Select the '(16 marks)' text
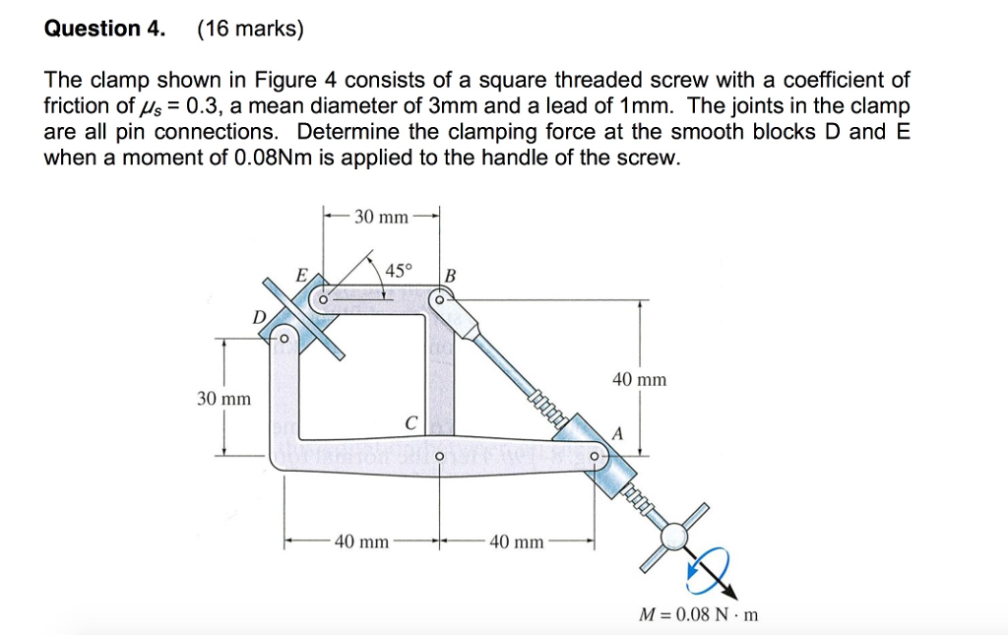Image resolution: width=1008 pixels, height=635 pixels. click(251, 29)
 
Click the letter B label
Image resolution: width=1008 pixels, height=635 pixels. click(451, 275)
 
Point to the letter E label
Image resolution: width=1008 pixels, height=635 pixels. click(302, 275)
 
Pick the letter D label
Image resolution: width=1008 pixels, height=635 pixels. click(259, 317)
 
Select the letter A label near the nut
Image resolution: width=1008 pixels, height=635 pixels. click(618, 433)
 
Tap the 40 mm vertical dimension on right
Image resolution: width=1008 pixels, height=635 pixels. click(640, 379)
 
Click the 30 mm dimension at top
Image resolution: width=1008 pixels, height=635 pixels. click(380, 217)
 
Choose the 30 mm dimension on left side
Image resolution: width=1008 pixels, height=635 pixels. click(223, 399)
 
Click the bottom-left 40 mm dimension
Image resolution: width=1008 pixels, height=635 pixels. click(362, 541)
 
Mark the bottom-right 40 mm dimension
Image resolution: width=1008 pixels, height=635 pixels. click(516, 541)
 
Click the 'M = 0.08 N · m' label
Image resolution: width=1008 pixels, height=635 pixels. click(699, 615)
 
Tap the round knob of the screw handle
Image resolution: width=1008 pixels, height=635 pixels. click(675, 536)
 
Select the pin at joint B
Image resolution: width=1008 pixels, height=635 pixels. click(439, 300)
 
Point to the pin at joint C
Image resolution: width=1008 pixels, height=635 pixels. click(439, 456)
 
